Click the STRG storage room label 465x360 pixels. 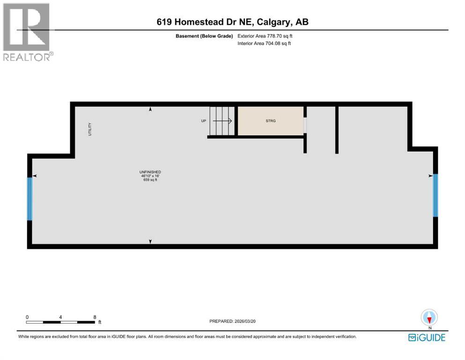click(x=270, y=121)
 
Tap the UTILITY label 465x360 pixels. click(x=90, y=129)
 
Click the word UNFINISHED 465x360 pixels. click(x=150, y=172)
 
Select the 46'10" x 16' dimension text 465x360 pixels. click(x=150, y=176)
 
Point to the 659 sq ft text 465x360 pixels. click(x=150, y=180)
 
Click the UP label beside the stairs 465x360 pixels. click(x=204, y=121)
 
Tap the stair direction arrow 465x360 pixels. click(x=224, y=121)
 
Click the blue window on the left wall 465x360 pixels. click(x=30, y=198)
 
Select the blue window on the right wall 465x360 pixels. click(x=435, y=195)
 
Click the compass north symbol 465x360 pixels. click(x=429, y=318)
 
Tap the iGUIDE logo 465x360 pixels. click(x=427, y=337)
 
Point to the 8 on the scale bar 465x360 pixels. click(x=95, y=317)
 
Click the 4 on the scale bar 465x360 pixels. click(x=61, y=317)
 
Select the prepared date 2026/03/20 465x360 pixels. click(x=251, y=321)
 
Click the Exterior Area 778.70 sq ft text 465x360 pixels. click(x=266, y=36)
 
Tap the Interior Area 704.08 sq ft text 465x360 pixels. click(x=265, y=44)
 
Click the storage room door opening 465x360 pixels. click(x=305, y=125)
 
